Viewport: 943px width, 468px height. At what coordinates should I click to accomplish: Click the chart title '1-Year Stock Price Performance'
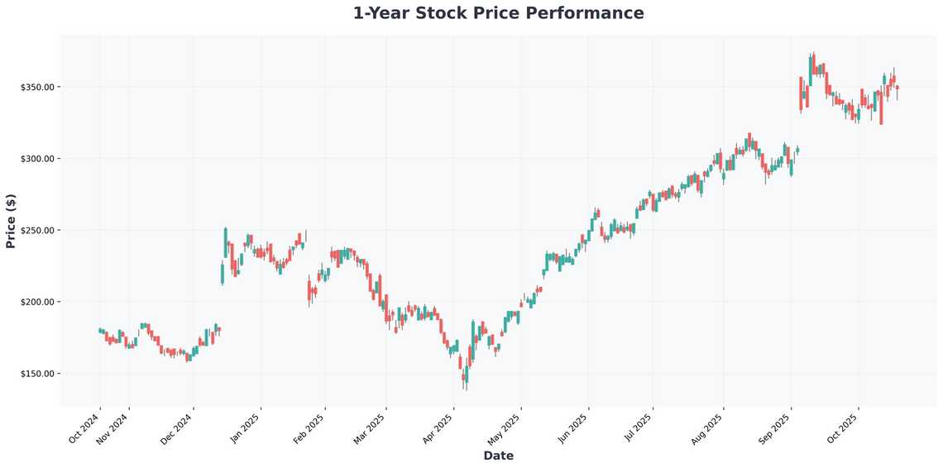pos(498,13)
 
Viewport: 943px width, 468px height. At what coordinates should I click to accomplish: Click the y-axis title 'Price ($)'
pos(11,221)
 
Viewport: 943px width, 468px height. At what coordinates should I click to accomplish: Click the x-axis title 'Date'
pos(498,456)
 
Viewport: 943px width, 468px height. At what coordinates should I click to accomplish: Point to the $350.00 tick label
pos(37,87)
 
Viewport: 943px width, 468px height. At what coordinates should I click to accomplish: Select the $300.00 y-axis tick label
pos(37,159)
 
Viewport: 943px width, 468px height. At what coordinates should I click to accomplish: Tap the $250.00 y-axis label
pos(37,230)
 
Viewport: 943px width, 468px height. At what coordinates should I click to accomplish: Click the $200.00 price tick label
pos(37,302)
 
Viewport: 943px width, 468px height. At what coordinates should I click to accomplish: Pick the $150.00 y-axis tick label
pos(37,374)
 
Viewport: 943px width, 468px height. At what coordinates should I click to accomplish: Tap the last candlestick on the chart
pos(897,88)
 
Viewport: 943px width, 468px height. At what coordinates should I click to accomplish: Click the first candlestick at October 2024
pos(99,330)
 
